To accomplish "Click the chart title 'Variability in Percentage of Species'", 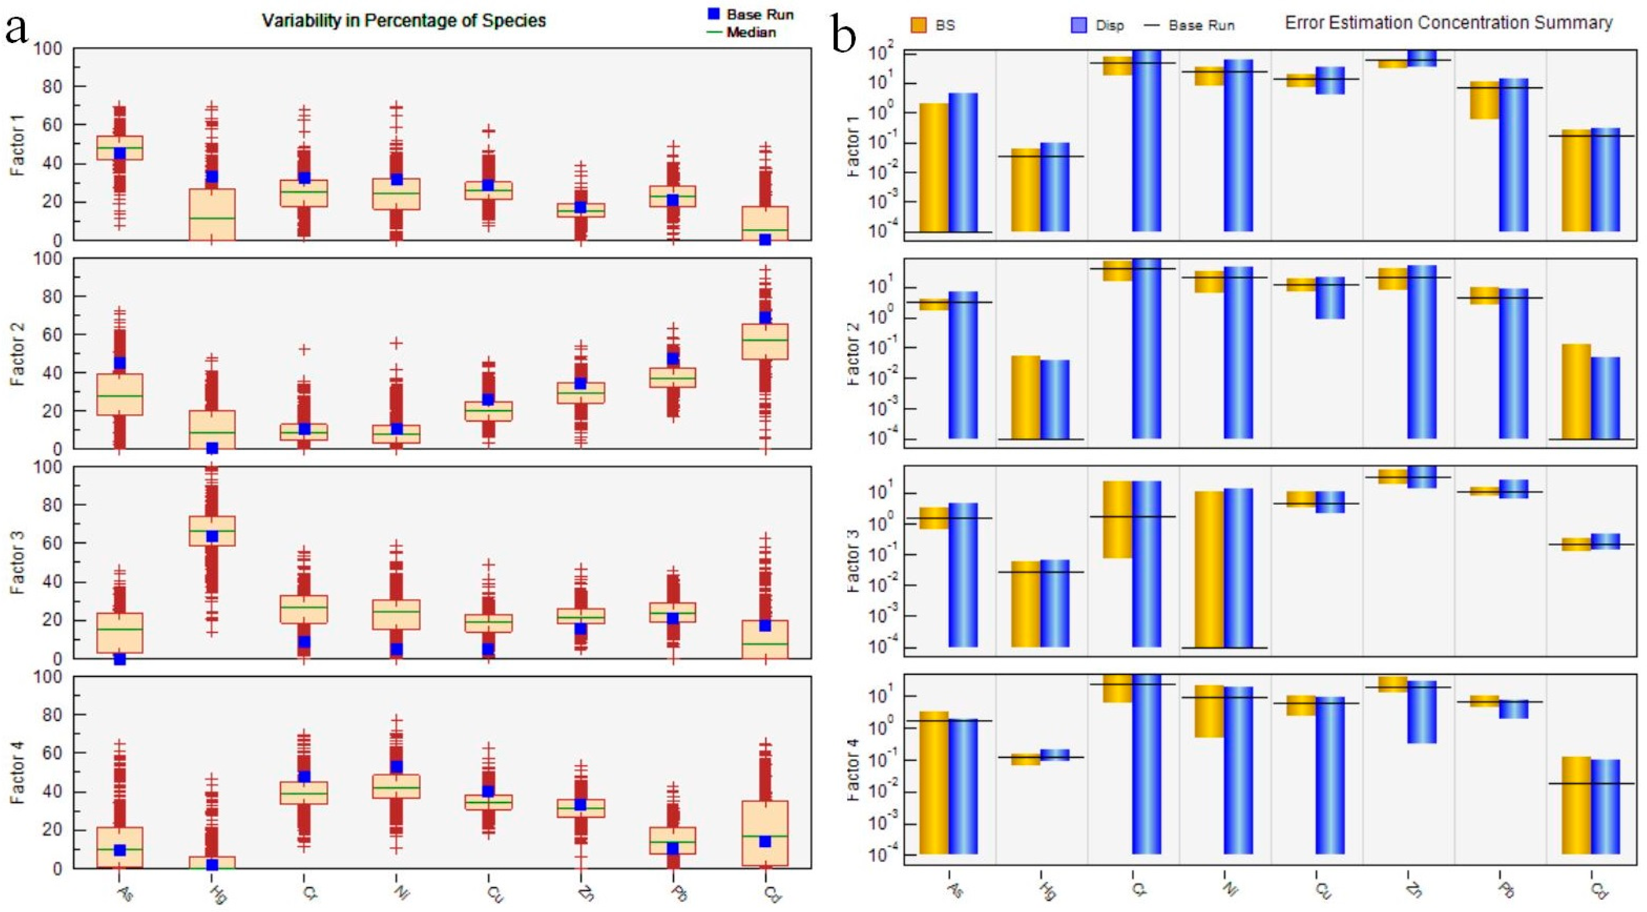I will [x=403, y=21].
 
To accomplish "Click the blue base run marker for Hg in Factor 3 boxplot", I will [x=212, y=536].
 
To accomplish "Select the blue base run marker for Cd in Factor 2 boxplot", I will [x=765, y=317].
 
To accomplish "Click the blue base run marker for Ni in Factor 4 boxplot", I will [x=396, y=766].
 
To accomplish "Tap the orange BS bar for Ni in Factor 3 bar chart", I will [x=1210, y=569].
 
